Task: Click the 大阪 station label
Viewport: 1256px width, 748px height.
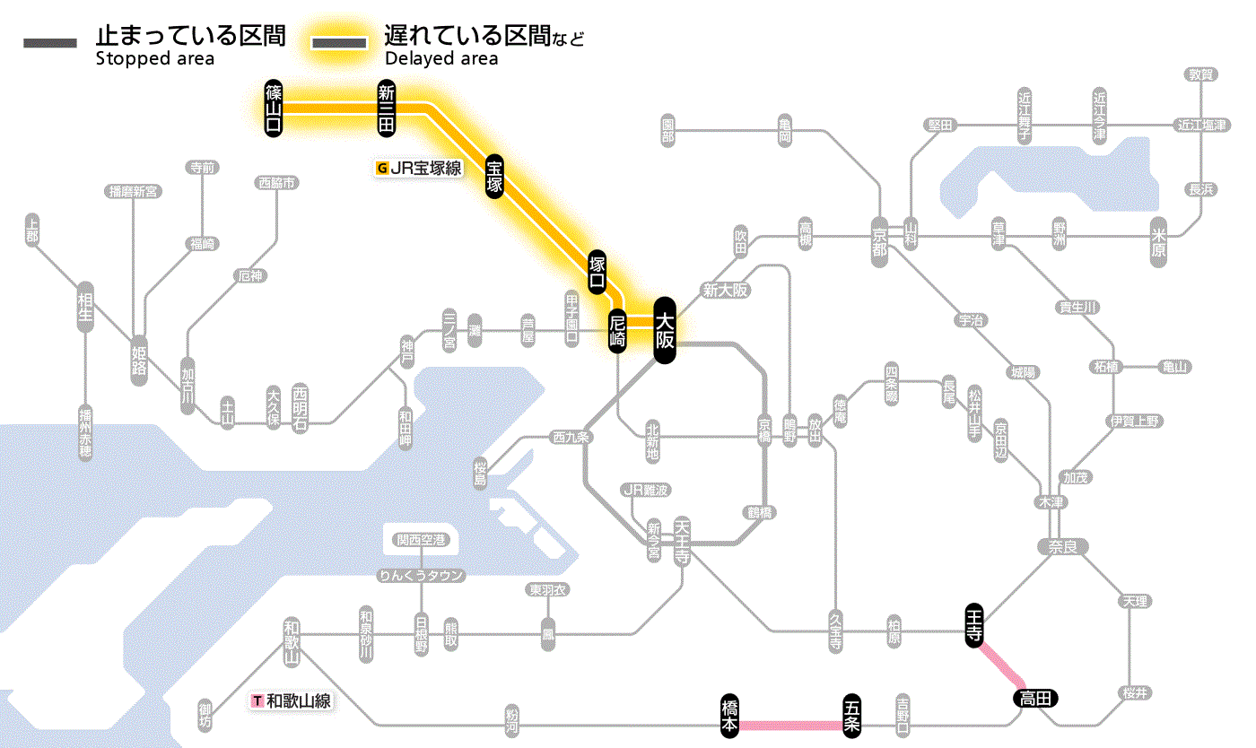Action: [x=664, y=330]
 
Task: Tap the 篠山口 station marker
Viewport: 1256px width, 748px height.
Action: [x=274, y=108]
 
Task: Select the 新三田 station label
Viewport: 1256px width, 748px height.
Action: [x=387, y=108]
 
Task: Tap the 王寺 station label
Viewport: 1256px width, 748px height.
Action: [x=974, y=624]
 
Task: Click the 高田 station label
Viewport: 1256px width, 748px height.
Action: [x=1036, y=698]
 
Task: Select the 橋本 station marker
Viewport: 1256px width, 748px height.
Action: [x=730, y=716]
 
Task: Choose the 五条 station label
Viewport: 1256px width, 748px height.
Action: [x=851, y=716]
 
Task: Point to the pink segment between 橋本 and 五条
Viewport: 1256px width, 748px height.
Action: [x=790, y=724]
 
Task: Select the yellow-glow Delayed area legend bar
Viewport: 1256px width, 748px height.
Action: [x=338, y=43]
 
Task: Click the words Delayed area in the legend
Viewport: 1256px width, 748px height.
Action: [x=440, y=59]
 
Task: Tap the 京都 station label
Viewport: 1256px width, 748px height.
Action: [x=879, y=238]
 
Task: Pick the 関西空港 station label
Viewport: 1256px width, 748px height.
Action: [x=421, y=540]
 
